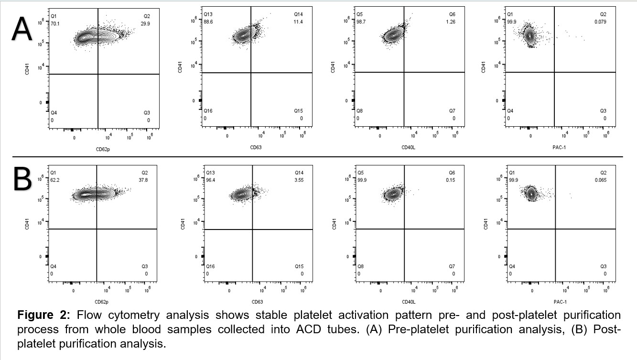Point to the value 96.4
pyautogui.click(x=210, y=180)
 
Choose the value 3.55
pyautogui.click(x=299, y=180)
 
